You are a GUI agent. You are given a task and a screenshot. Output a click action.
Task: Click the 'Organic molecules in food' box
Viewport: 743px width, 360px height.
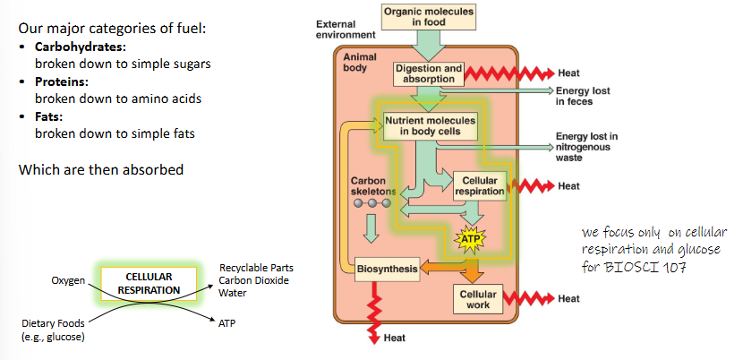click(429, 16)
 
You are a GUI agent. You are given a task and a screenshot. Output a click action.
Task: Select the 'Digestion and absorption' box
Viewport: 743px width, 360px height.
click(428, 73)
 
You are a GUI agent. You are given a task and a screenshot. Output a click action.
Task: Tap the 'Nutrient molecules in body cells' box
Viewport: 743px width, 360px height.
click(430, 124)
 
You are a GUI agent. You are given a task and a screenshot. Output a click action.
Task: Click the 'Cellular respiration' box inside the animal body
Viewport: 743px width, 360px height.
click(479, 185)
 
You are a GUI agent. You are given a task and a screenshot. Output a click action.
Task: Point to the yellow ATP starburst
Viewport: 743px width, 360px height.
click(470, 239)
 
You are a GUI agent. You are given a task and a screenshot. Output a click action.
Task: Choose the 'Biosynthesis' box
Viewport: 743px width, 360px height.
click(387, 268)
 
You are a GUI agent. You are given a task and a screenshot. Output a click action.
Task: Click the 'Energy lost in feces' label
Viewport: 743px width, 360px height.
click(582, 96)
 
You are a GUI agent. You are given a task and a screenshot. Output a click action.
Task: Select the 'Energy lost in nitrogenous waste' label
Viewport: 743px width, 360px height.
click(587, 147)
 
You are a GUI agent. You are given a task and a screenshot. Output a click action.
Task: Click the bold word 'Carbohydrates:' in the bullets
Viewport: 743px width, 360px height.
click(77, 47)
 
